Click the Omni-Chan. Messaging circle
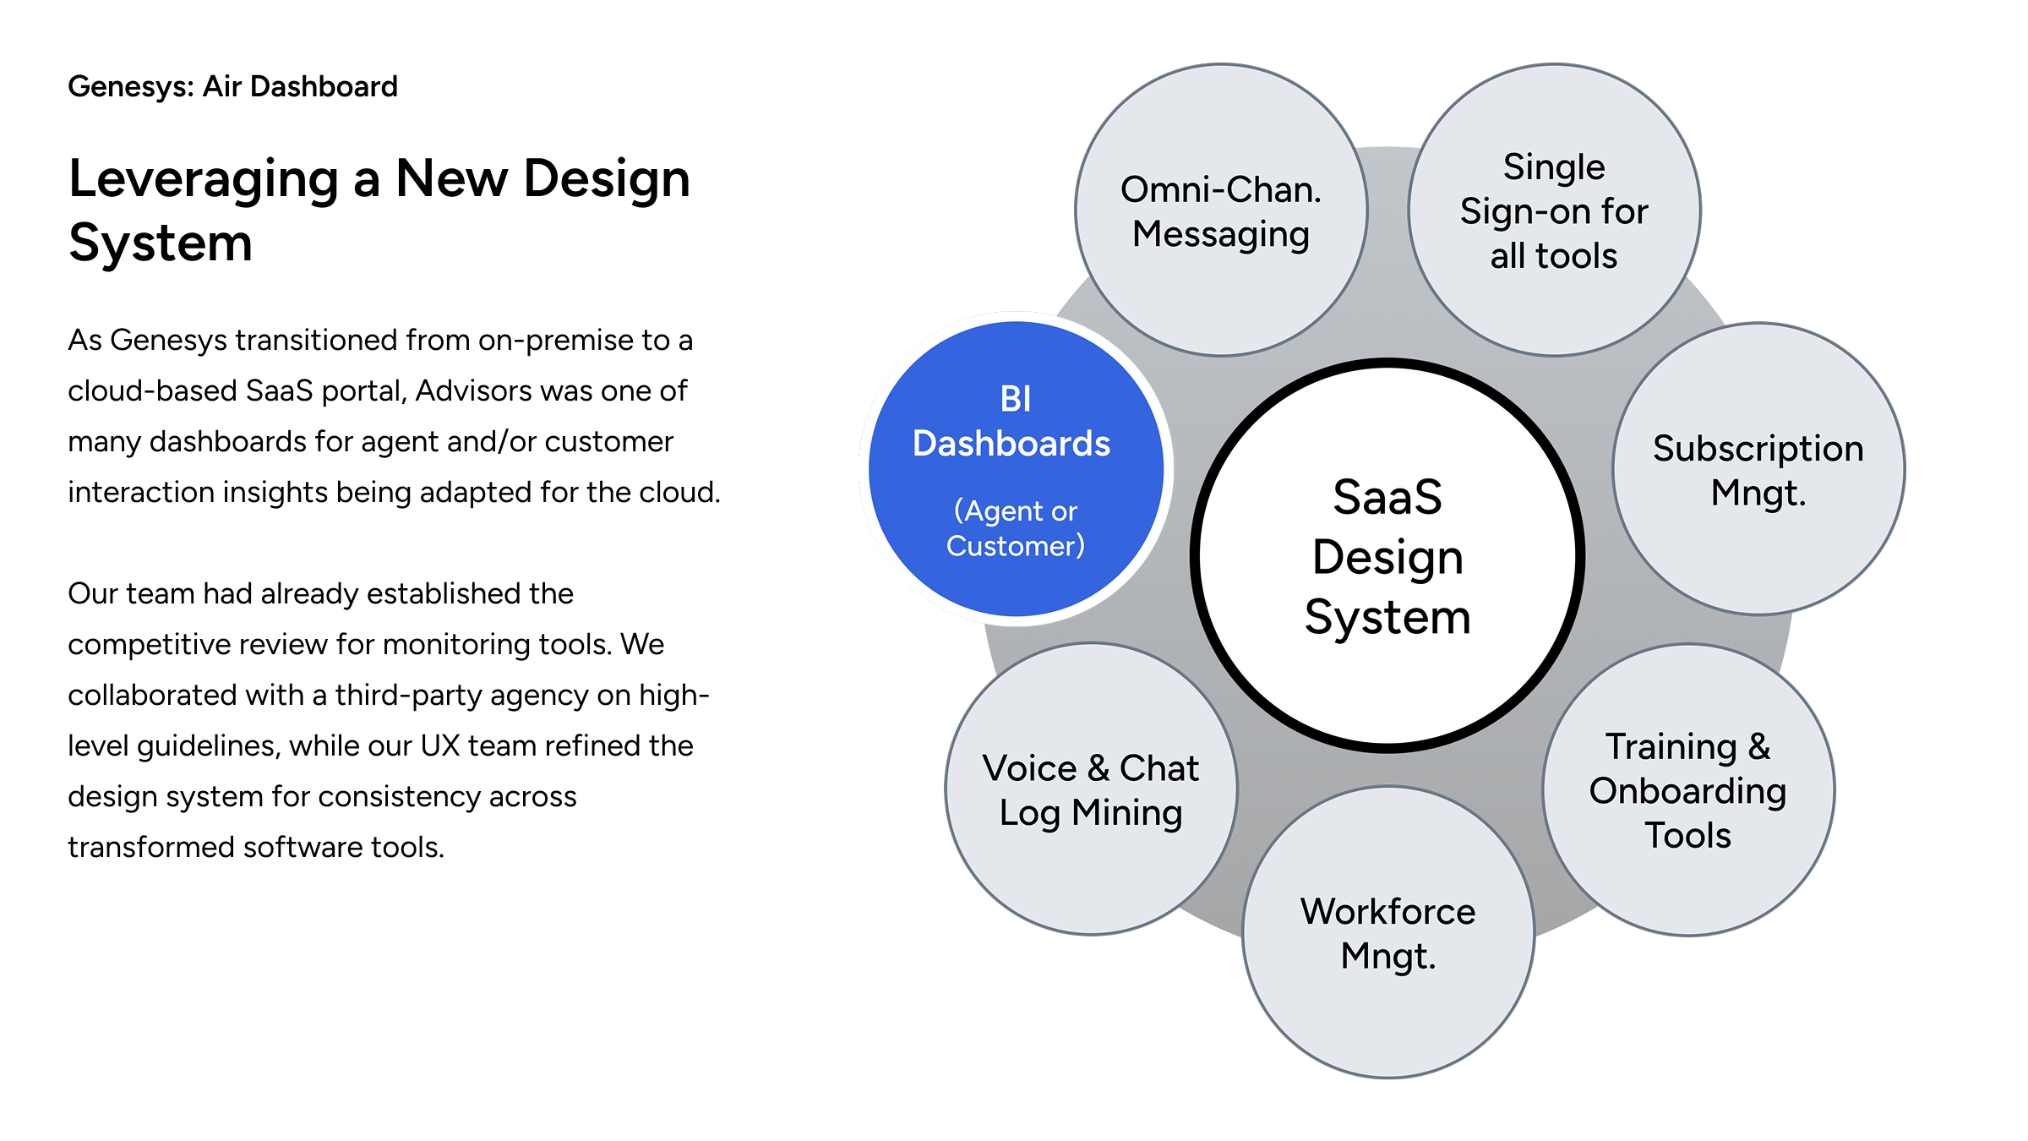pyautogui.click(x=1221, y=211)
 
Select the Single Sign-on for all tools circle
pyautogui.click(x=1554, y=211)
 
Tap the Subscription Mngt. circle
pyautogui.click(x=1758, y=470)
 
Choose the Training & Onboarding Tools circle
pyautogui.click(x=1688, y=790)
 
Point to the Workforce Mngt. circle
pyautogui.click(x=1388, y=933)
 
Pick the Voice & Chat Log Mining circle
pyautogui.click(x=1091, y=790)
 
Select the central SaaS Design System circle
pyautogui.click(x=1387, y=556)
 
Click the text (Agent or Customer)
pyautogui.click(x=1016, y=528)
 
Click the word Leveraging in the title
pyautogui.click(x=204, y=180)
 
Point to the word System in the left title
pyautogui.click(x=161, y=243)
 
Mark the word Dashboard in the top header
pyautogui.click(x=324, y=87)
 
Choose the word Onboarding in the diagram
pyautogui.click(x=1687, y=791)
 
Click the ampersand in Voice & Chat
pyautogui.click(x=1098, y=768)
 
